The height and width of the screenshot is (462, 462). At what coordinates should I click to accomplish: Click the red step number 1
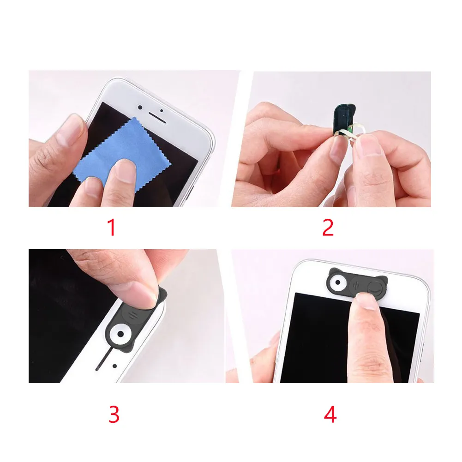tap(112, 227)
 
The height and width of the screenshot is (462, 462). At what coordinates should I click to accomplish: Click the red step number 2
tap(328, 227)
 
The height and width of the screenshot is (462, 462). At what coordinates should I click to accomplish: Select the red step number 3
tap(114, 414)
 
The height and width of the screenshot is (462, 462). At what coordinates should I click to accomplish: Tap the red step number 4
tap(330, 414)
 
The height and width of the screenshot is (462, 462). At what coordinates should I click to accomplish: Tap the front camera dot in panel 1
tap(140, 108)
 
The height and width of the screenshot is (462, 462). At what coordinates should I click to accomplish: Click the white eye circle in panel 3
tap(120, 334)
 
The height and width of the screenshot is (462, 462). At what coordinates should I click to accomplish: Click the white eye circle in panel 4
tap(338, 282)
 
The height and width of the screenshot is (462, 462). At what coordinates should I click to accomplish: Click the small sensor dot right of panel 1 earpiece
tap(162, 111)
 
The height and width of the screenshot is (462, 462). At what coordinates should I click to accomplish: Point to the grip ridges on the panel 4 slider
tap(355, 285)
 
